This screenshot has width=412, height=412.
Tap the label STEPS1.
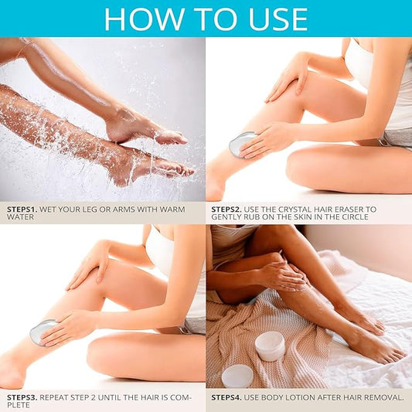tap(22, 209)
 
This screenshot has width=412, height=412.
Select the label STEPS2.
tap(226, 209)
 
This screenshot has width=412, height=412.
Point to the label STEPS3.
tap(22, 397)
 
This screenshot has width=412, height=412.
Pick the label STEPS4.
tap(226, 397)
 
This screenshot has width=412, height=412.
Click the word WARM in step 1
tap(172, 209)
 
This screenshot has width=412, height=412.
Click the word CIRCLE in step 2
tap(355, 217)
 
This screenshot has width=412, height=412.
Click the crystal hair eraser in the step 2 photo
tap(240, 145)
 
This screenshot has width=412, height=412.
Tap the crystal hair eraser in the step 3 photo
tap(41, 333)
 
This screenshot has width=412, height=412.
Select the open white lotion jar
tap(270, 346)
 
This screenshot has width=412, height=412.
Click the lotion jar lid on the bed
tap(237, 376)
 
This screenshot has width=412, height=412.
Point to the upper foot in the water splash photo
tap(143, 129)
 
